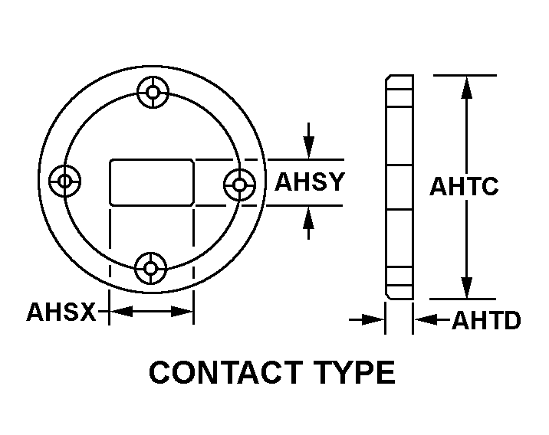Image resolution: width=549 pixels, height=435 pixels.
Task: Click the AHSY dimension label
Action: tap(310, 183)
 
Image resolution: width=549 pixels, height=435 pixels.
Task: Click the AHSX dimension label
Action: tap(61, 312)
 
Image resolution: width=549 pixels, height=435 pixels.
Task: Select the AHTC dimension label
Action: tap(464, 187)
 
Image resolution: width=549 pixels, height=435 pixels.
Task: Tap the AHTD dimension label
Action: tap(486, 320)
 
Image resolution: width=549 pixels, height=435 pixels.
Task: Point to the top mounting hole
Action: tap(153, 93)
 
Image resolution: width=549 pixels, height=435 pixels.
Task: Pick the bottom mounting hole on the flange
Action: tap(151, 269)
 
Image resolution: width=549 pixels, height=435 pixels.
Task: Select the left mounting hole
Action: tap(64, 182)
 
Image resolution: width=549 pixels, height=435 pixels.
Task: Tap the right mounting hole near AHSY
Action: tap(240, 184)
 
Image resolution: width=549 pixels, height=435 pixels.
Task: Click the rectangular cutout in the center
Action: tap(152, 182)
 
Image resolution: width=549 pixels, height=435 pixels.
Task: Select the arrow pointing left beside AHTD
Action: tap(424, 319)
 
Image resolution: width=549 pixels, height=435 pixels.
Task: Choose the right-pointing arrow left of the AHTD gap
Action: tap(374, 319)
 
